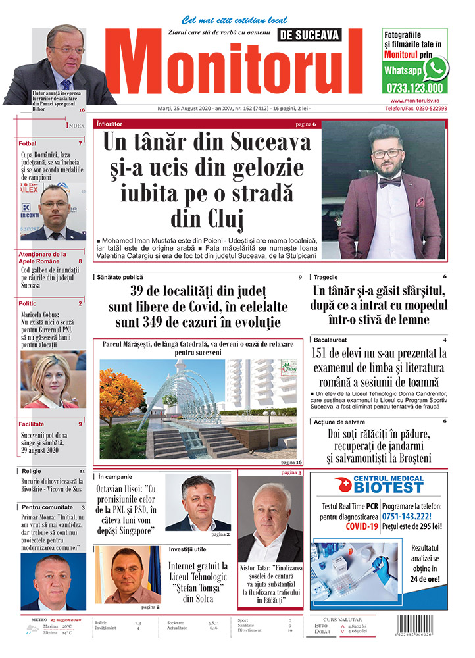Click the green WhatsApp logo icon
pos(436,68)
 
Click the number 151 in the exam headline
pos(324,354)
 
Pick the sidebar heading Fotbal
pos(28,143)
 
